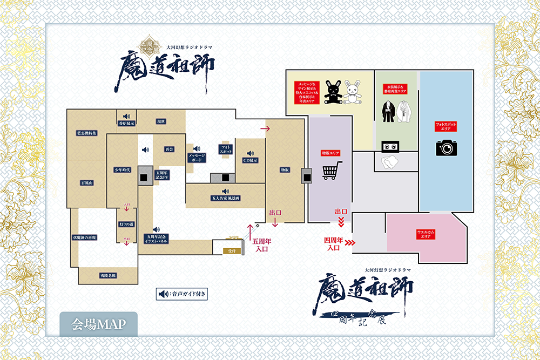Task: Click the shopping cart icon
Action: [332, 172]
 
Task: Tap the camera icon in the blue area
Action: [447, 147]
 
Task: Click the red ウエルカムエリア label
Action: [427, 234]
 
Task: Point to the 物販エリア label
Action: [330, 153]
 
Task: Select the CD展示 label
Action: [250, 160]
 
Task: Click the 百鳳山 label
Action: [86, 184]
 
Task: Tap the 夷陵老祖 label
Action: [108, 275]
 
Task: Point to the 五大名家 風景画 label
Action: [226, 199]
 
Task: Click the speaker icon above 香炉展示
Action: [126, 116]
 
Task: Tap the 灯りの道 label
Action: [126, 225]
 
